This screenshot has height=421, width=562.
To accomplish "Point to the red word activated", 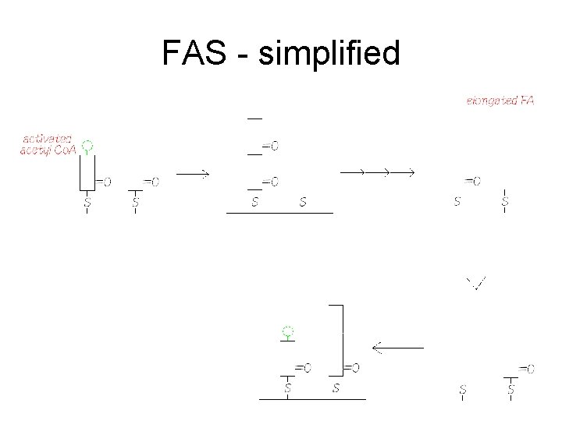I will [46, 137].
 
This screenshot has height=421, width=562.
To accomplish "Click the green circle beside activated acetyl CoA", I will [87, 146].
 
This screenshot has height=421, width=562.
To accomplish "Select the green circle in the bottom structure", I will [288, 331].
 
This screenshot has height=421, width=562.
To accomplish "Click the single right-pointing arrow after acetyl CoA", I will [193, 174].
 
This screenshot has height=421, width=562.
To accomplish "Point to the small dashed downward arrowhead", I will [475, 284].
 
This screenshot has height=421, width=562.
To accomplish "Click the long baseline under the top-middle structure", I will [279, 212].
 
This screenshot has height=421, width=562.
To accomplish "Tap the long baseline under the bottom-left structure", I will [312, 399].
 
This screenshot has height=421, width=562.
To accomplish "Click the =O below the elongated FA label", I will [471, 181].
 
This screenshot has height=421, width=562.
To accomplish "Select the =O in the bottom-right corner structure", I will [527, 368].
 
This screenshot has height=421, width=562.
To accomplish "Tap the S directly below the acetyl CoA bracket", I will [87, 202].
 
